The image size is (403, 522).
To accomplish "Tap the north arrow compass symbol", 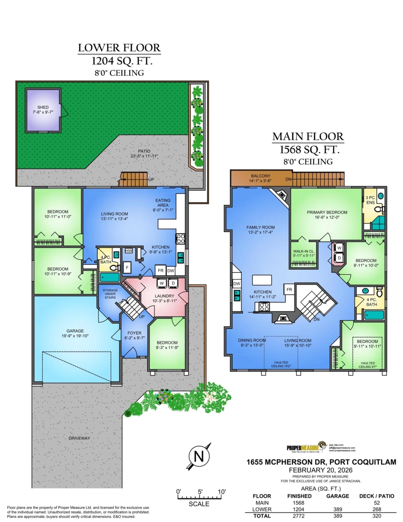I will coord(199,457).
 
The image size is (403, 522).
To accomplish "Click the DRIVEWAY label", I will coord(79,438).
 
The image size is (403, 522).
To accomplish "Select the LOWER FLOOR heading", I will coord(119,48).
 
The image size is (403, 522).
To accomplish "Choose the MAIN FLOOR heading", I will coord(308,137).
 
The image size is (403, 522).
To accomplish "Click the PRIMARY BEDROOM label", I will coord(325,213).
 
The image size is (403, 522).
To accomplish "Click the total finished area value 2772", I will coord(299,515).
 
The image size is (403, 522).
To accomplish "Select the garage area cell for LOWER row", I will coord(340,509).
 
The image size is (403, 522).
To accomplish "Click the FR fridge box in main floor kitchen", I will coord(289,289).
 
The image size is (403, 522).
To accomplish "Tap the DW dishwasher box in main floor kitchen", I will coord(236,284).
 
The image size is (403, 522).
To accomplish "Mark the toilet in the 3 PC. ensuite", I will coord(377,210).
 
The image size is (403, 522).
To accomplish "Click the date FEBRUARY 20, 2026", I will coord(320,470).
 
